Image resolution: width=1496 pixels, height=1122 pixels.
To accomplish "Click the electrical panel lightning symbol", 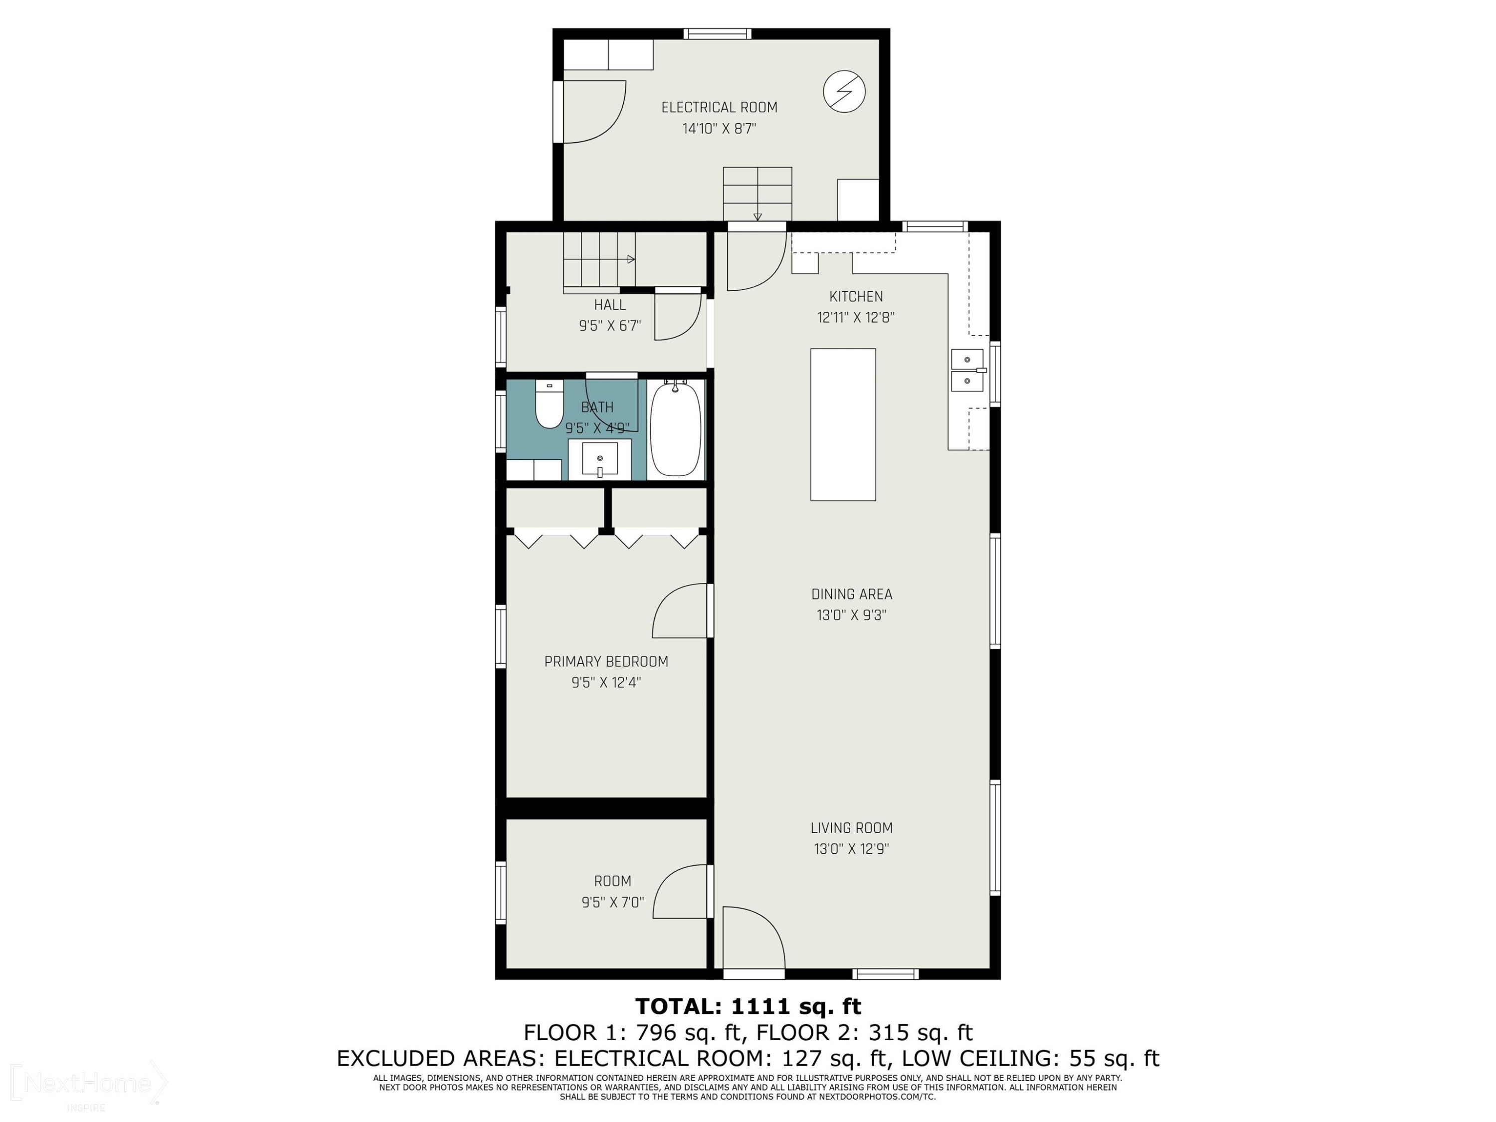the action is tap(844, 91).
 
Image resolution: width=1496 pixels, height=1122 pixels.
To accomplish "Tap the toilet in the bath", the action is tap(549, 404).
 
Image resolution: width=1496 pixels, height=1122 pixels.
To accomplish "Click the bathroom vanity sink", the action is tap(600, 459).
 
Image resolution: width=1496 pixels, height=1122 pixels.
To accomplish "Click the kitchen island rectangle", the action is tap(843, 425).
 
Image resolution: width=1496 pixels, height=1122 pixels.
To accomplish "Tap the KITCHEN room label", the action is tap(856, 296).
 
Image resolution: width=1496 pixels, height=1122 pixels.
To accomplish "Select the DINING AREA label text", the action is tap(852, 594).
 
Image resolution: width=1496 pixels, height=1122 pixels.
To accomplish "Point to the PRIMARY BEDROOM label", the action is tap(606, 661).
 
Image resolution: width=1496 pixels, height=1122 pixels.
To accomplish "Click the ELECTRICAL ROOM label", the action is tap(719, 107).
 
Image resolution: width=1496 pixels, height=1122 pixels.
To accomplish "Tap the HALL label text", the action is tap(609, 305).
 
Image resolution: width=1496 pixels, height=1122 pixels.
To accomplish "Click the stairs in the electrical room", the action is tap(757, 194).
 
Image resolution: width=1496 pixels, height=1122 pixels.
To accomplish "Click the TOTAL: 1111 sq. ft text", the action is tap(748, 1006).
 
